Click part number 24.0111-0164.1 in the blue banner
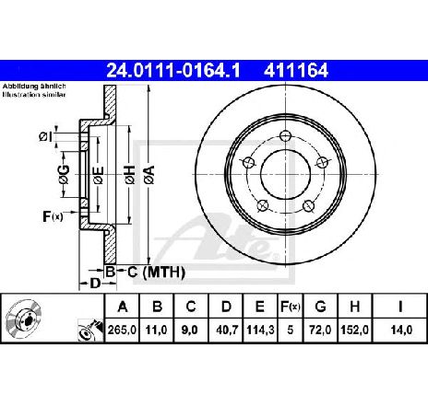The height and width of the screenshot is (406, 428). pyautogui.click(x=173, y=71)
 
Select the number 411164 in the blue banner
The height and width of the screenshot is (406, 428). pyautogui.click(x=296, y=71)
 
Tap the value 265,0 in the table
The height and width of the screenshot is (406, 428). pyautogui.click(x=122, y=330)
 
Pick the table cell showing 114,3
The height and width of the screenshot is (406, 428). pyautogui.click(x=260, y=330)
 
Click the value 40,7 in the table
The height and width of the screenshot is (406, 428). pyautogui.click(x=227, y=330)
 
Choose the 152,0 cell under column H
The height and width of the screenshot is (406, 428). pyautogui.click(x=354, y=330)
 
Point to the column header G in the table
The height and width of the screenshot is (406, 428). pyautogui.click(x=320, y=307)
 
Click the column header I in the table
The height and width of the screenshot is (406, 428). pyautogui.click(x=400, y=307)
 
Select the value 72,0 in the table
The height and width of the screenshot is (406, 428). pyautogui.click(x=320, y=330)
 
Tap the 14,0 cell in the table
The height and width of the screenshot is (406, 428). pyautogui.click(x=401, y=330)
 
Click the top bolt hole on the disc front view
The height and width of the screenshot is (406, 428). pyautogui.click(x=286, y=135)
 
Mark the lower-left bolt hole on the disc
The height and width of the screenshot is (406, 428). pyautogui.click(x=262, y=205)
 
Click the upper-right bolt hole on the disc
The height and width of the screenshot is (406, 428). pyautogui.click(x=323, y=162)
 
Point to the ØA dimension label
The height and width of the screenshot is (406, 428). pyautogui.click(x=149, y=175)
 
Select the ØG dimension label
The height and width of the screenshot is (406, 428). pyautogui.click(x=64, y=174)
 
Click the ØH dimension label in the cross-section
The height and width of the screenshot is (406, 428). pyautogui.click(x=130, y=175)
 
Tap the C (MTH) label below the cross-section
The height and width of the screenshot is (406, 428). pyautogui.click(x=156, y=272)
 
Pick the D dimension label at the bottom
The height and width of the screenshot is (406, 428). pyautogui.click(x=95, y=283)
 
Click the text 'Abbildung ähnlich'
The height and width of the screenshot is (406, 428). pyautogui.click(x=34, y=87)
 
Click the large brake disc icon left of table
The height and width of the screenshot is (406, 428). pyautogui.click(x=24, y=319)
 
